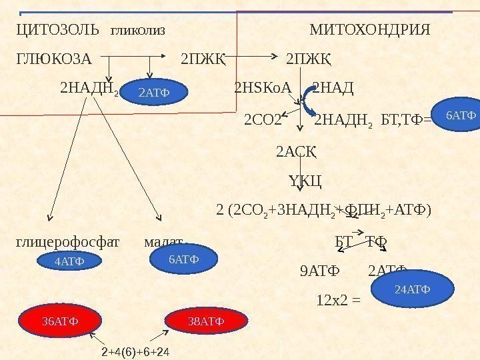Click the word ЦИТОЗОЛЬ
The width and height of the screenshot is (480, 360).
tap(57, 31)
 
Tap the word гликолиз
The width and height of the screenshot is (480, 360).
tap(137, 31)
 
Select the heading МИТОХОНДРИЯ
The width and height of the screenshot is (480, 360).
tap(370, 31)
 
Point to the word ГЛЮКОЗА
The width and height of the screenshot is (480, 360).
tap(53, 59)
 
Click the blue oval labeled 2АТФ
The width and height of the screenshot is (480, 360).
tap(154, 93)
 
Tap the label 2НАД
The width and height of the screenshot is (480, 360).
tap(333, 88)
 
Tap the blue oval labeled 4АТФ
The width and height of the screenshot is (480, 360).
tap(69, 262)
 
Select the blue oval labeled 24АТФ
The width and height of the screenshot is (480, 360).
tap(413, 289)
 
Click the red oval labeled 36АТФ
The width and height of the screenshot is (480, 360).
tap(60, 321)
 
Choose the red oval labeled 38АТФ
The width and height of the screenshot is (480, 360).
tap(206, 321)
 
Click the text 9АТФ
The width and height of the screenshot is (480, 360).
tap(320, 271)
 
